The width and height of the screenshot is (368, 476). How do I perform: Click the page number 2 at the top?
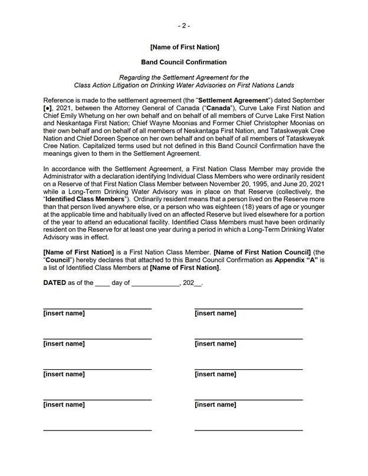[x=184, y=25]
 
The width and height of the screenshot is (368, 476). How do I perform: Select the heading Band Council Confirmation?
[x=184, y=62]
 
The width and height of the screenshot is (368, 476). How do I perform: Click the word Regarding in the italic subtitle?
[x=134, y=77]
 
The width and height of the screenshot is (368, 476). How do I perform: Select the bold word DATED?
[x=55, y=283]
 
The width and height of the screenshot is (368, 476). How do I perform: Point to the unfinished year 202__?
[x=193, y=283]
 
